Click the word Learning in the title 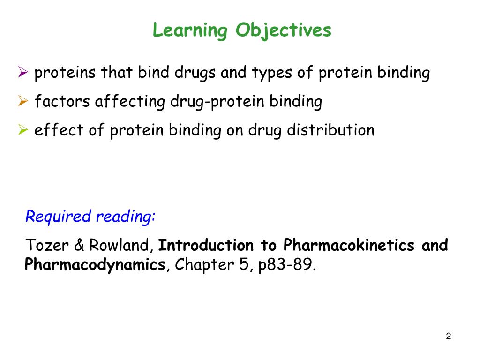tap(189, 31)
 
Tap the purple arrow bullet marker tap(24, 72)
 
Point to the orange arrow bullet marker tap(24, 101)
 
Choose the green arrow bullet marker tap(24, 129)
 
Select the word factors tap(62, 102)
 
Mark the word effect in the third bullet tap(59, 130)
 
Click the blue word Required tap(58, 217)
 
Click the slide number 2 tap(449, 337)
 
